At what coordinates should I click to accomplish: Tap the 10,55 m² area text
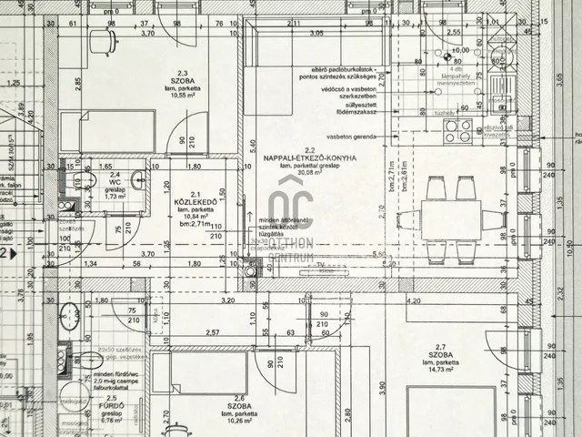[182, 94]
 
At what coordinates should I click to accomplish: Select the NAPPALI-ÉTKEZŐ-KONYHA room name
[310, 158]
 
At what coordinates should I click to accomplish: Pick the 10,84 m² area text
[195, 216]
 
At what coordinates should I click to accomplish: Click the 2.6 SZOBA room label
[240, 403]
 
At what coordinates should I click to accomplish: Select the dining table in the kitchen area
[453, 219]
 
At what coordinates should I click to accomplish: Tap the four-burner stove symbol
[457, 130]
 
